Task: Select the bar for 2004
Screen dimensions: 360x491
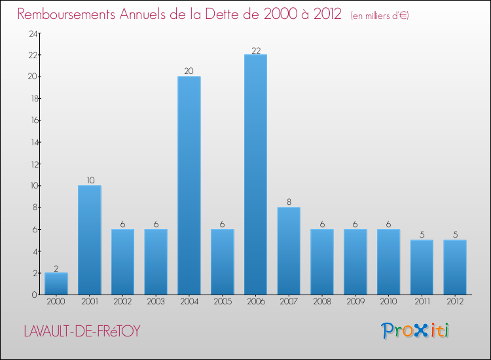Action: (189, 185)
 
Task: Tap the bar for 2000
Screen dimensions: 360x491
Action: (56, 283)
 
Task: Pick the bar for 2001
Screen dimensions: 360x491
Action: (89, 240)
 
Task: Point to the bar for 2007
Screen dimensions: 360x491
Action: (289, 251)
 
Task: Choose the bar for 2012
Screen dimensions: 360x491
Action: (455, 267)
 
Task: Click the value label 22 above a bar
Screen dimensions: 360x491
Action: (255, 50)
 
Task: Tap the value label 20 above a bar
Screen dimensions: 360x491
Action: (189, 71)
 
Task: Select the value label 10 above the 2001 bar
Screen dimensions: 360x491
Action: (89, 181)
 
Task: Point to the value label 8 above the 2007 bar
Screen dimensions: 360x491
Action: (289, 202)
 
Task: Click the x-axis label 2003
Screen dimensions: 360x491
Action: (156, 302)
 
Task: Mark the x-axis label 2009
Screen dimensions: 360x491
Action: (355, 302)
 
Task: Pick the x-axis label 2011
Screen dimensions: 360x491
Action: (422, 302)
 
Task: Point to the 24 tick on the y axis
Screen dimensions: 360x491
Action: (31, 33)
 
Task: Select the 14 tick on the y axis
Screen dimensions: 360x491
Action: (31, 142)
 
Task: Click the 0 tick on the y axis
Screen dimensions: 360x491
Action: (33, 295)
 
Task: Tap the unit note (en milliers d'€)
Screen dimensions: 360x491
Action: (380, 15)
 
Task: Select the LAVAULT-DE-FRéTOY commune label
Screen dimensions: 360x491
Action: (82, 331)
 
